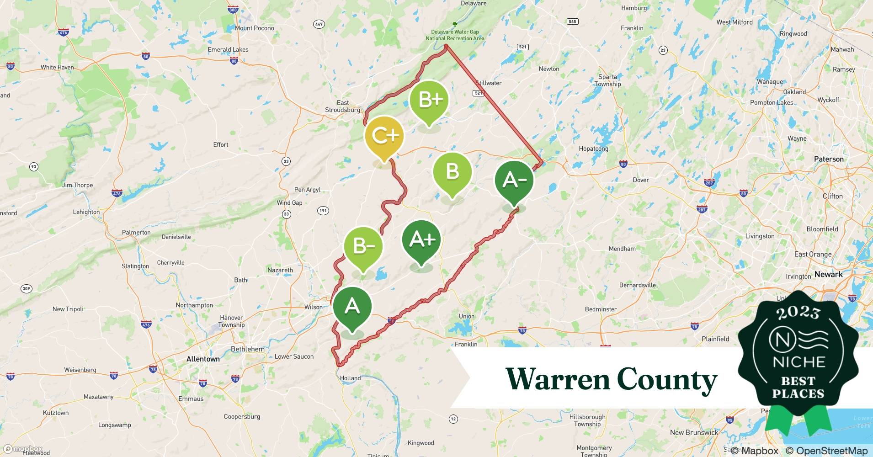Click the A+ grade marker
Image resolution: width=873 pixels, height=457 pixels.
click(x=421, y=240)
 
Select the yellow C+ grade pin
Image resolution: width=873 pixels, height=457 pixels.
click(x=384, y=136)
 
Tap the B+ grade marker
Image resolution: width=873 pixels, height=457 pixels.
click(x=429, y=100)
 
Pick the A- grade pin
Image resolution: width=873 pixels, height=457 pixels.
click(x=514, y=181)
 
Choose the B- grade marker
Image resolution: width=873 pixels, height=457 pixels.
click(x=363, y=247)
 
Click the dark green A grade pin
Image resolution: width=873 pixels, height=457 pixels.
click(x=352, y=306)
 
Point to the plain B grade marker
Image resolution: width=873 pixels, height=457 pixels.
click(x=452, y=172)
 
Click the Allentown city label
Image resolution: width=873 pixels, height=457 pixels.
click(x=203, y=359)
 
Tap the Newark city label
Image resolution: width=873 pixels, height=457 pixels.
click(x=828, y=274)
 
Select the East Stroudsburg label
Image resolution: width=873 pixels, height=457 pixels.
click(x=342, y=106)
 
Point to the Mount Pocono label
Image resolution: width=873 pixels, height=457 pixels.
click(x=254, y=28)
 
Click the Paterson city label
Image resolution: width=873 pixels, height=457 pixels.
click(x=829, y=159)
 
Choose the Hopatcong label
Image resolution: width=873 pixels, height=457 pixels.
click(x=593, y=149)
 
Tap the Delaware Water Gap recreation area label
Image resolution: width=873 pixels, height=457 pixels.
click(x=455, y=35)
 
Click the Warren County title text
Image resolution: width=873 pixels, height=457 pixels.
click(x=612, y=379)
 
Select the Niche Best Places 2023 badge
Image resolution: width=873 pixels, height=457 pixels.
click(x=798, y=356)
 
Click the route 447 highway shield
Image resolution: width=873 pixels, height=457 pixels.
click(x=319, y=24)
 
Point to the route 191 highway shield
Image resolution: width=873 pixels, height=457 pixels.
click(x=323, y=211)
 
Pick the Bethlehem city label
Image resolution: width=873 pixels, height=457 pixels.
click(x=248, y=349)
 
